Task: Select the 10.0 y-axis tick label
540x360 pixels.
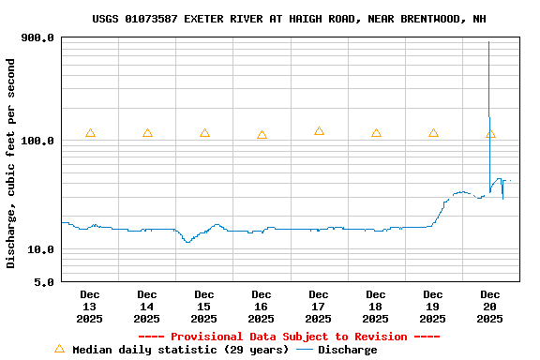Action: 40,250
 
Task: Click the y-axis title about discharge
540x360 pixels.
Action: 11,163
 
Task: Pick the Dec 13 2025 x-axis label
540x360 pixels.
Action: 90,307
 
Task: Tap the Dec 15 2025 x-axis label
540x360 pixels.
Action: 204,307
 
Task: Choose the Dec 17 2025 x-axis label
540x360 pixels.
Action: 319,307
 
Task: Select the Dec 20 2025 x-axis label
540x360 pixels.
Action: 489,307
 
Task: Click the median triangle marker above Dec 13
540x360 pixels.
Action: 90,133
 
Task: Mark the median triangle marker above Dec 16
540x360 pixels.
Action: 262,135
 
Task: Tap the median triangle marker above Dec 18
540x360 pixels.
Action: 376,133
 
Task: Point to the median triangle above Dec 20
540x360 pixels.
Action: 490,134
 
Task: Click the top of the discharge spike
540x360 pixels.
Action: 488,42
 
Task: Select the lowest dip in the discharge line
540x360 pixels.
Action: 187,242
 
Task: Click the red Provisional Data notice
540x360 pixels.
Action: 289,337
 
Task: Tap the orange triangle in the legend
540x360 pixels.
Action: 59,349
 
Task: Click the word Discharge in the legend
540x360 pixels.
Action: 347,350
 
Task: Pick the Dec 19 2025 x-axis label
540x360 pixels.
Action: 433,307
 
